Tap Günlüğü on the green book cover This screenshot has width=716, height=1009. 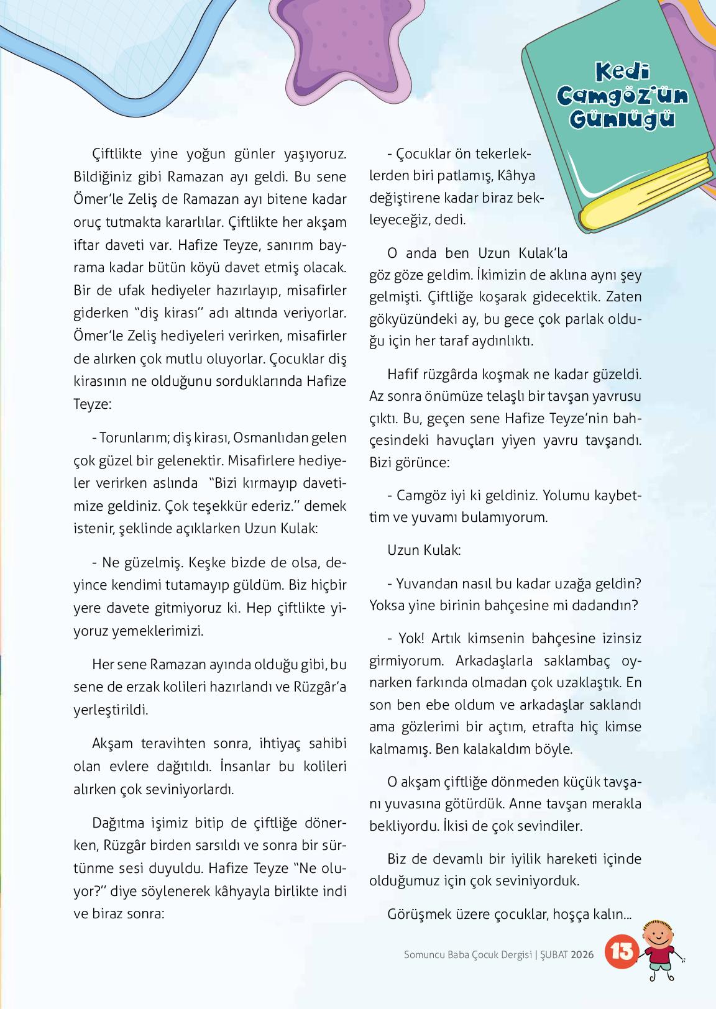tap(622, 119)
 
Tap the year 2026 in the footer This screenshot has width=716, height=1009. tap(582, 954)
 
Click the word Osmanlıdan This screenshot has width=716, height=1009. tap(265, 438)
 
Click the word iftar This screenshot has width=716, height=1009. tap(87, 244)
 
